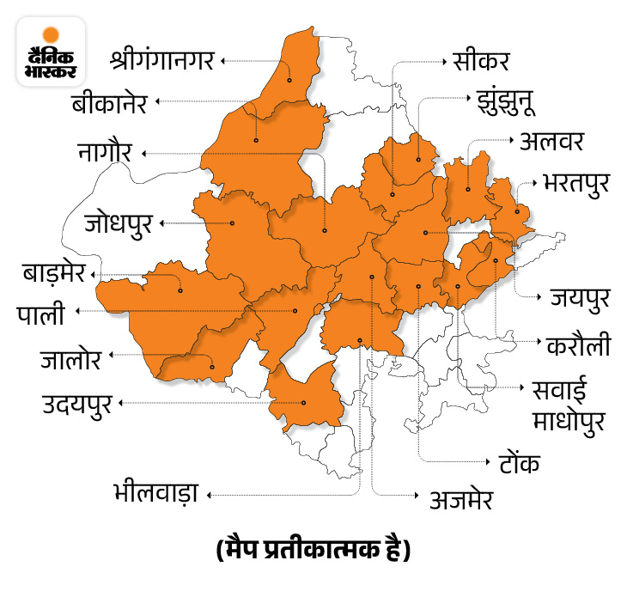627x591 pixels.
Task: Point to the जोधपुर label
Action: pyautogui.click(x=119, y=223)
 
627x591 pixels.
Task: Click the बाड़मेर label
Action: pyautogui.click(x=54, y=275)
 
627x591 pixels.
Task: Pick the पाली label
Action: pyautogui.click(x=40, y=314)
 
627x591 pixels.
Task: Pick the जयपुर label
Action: pyautogui.click(x=580, y=298)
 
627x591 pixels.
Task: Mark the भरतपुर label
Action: pyautogui.click(x=577, y=183)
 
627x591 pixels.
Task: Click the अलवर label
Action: pyautogui.click(x=552, y=140)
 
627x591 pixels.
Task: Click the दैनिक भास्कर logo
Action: pyautogui.click(x=50, y=51)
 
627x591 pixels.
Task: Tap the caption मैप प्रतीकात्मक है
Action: pyautogui.click(x=313, y=548)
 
